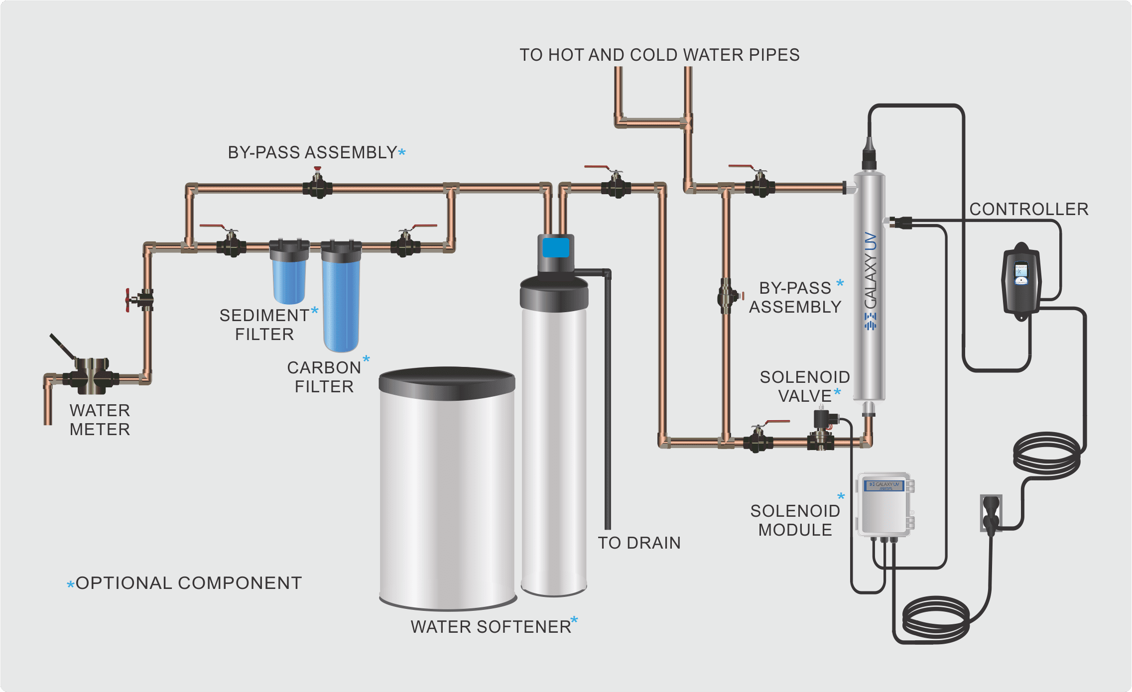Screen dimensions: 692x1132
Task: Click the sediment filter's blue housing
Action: (x=289, y=279)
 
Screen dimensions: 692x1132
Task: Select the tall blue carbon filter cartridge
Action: (x=341, y=304)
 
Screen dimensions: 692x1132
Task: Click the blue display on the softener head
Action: (x=556, y=247)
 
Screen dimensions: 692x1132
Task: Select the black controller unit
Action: (x=1021, y=281)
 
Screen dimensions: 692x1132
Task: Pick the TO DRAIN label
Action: (x=639, y=543)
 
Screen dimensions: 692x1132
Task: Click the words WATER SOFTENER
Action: (x=491, y=627)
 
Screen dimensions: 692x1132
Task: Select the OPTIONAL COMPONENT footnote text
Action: (x=188, y=583)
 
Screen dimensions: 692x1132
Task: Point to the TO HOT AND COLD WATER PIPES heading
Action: (x=659, y=55)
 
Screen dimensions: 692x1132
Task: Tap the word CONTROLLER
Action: (x=1029, y=209)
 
